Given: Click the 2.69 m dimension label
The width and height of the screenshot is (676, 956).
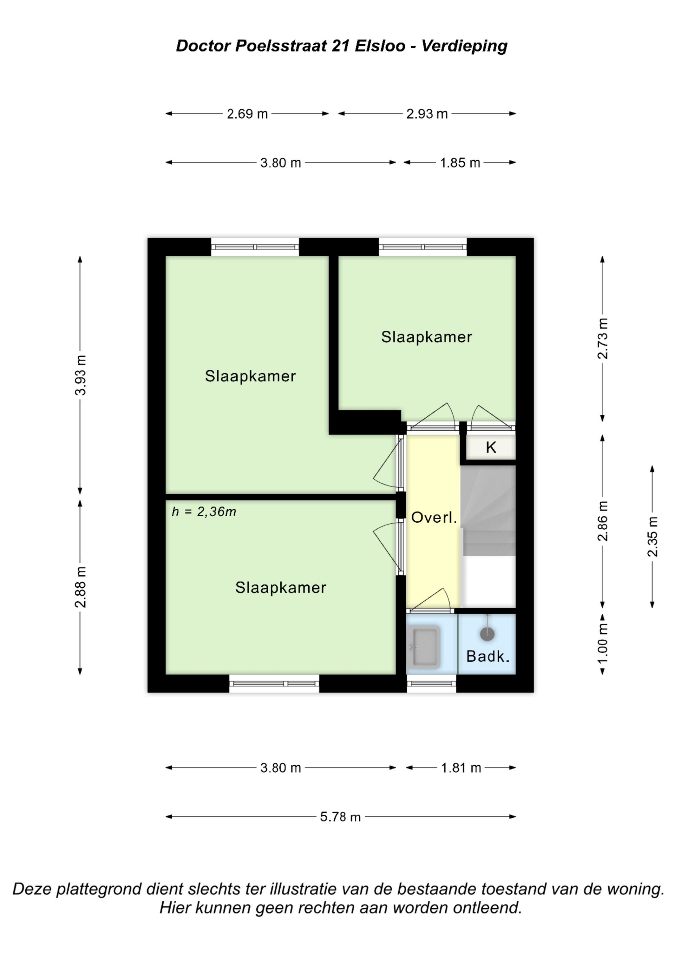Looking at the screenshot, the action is click(247, 114).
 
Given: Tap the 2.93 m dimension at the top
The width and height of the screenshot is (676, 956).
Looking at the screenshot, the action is click(427, 114).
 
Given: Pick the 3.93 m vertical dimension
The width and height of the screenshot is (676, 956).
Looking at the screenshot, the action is click(80, 375).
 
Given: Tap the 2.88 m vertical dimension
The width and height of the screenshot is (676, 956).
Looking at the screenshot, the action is click(80, 587).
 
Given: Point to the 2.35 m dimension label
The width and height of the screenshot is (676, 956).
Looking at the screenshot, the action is click(652, 537).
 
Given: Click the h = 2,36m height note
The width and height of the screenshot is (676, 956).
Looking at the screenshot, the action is click(204, 511).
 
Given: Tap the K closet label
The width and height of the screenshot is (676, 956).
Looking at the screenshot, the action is click(491, 447).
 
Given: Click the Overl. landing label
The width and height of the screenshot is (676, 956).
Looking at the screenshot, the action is click(434, 518).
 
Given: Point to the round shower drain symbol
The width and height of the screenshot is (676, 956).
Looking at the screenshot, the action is click(487, 634).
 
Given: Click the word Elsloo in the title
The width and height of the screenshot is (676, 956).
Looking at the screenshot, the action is click(380, 46).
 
